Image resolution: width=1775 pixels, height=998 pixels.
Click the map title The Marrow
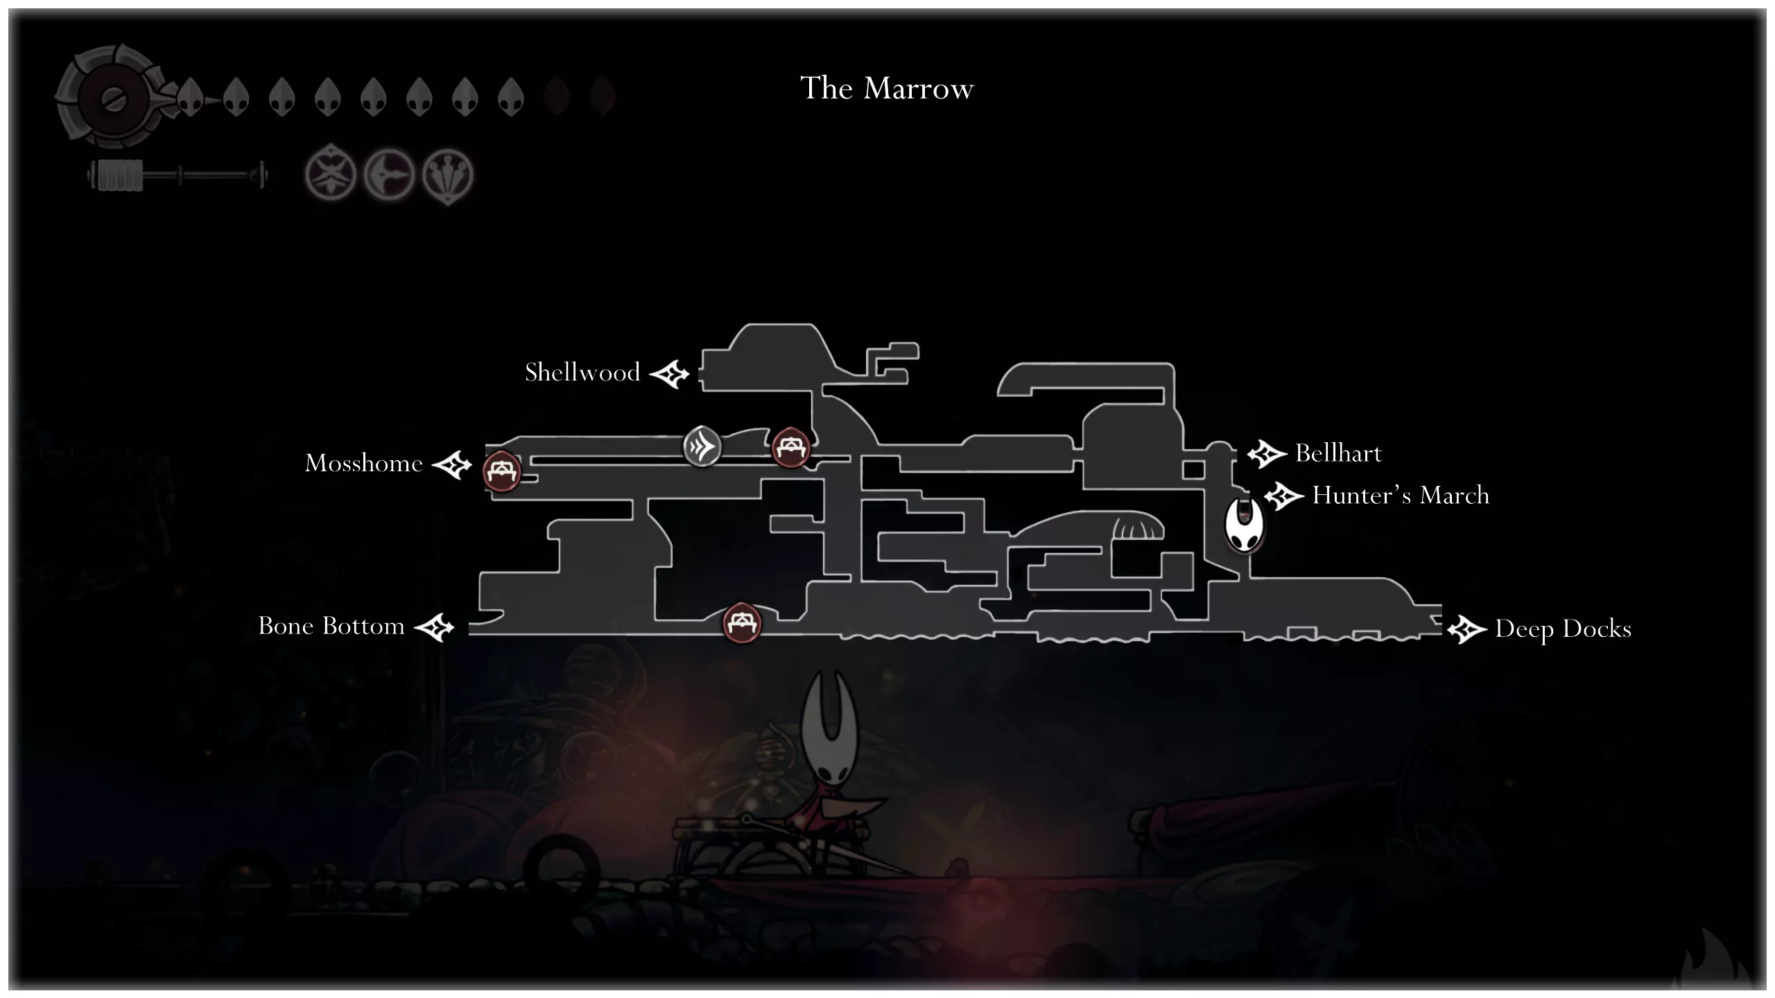click(887, 88)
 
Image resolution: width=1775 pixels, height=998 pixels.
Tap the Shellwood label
click(582, 372)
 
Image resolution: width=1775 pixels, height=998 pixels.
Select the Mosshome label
click(364, 463)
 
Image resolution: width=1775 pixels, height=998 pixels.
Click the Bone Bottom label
click(331, 626)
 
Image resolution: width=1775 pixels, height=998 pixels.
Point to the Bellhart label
click(1338, 453)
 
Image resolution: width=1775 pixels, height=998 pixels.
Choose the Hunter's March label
click(1401, 495)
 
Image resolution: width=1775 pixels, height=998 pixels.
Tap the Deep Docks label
click(1563, 629)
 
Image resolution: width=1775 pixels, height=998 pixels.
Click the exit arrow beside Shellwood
click(670, 374)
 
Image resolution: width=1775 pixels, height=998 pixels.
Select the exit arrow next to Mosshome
click(452, 464)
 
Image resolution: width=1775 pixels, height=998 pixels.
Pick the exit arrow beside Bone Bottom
click(434, 628)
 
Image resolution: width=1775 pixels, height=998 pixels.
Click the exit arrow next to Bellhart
click(1267, 454)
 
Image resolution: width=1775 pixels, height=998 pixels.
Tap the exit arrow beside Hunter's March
click(1284, 496)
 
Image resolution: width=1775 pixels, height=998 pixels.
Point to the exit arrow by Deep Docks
click(1467, 630)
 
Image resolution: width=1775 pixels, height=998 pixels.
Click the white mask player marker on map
click(1245, 525)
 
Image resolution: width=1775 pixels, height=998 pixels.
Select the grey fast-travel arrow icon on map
click(702, 446)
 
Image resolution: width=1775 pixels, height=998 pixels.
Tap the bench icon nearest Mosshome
click(501, 471)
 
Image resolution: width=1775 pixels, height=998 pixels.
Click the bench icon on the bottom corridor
click(742, 622)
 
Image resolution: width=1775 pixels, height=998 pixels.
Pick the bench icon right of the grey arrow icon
click(790, 447)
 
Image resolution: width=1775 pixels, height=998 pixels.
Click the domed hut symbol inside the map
click(1138, 527)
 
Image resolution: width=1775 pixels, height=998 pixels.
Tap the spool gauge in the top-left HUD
click(177, 175)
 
